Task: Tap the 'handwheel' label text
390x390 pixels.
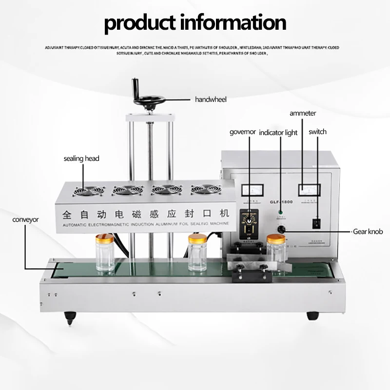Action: [211, 99]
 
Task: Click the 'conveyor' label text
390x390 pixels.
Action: [25, 220]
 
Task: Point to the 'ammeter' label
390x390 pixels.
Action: [303, 113]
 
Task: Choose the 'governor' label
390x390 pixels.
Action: [242, 132]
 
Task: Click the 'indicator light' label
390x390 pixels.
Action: [278, 133]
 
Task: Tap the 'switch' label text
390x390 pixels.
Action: [317, 132]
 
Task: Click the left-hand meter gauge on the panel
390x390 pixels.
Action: [253, 191]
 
